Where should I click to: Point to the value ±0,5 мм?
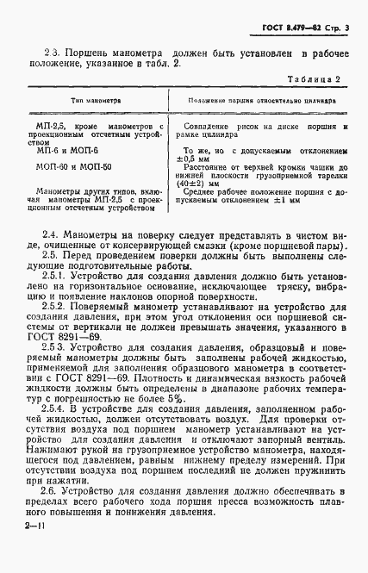point(196,159)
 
